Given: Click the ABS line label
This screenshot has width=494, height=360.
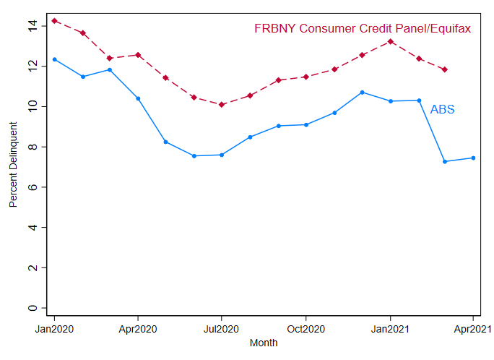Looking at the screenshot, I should pos(442,110).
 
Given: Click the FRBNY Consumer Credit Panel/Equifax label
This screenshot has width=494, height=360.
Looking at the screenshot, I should pos(363,29).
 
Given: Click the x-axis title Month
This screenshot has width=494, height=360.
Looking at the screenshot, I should pos(264,343).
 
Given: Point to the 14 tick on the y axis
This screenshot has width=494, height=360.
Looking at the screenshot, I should pos(32,25).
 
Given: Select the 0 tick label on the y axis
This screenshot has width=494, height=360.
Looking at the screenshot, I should pos(32,308).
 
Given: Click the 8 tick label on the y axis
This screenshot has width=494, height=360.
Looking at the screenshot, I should pos(32,147).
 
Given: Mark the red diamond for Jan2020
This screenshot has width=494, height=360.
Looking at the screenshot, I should pos(54,20).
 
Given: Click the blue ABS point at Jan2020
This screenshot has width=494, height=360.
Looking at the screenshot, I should pos(54,59).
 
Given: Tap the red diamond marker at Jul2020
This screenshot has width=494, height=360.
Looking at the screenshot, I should pos(222,105).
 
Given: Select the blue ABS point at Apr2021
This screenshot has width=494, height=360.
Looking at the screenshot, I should pos(473,158).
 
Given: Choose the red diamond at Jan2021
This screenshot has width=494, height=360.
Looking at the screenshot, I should pos(390,41).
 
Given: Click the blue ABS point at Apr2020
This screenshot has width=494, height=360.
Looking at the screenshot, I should pos(138,98).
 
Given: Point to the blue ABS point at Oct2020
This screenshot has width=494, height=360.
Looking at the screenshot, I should pos(305,124).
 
